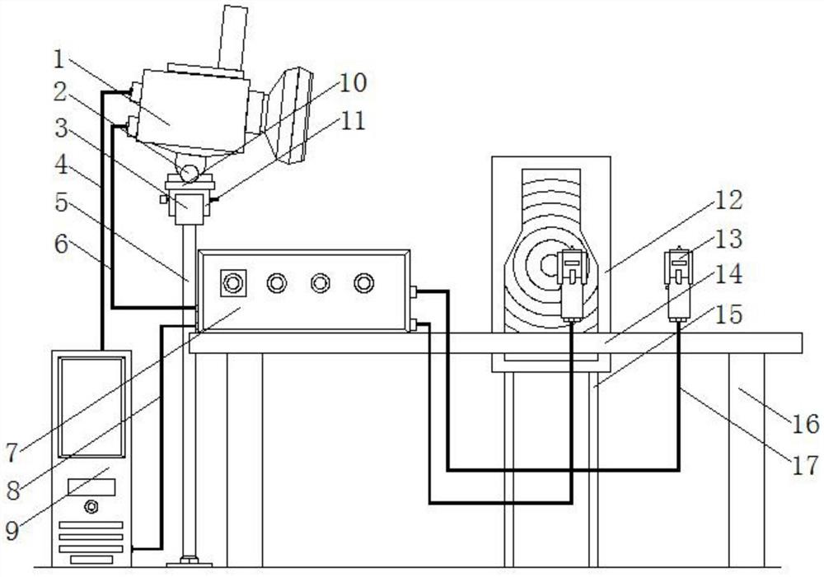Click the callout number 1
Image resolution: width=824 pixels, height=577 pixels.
59,60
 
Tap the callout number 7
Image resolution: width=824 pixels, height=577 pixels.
12,453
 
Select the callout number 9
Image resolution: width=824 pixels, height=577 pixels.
12,531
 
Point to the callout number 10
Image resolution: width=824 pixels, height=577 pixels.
353,83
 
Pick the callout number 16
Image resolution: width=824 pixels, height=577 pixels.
805,424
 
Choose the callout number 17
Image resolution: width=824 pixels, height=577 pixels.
805,465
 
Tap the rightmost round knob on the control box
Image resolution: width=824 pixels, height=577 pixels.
363,283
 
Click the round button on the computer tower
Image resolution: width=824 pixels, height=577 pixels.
91,507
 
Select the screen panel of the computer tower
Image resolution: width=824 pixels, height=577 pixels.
92,407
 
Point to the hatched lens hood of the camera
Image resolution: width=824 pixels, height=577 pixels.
288,115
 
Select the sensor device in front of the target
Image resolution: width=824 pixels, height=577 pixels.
573,285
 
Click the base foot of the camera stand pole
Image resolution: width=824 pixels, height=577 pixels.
190,562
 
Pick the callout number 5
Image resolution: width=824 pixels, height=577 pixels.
61,203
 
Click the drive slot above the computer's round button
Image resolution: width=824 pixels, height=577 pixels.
91,486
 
